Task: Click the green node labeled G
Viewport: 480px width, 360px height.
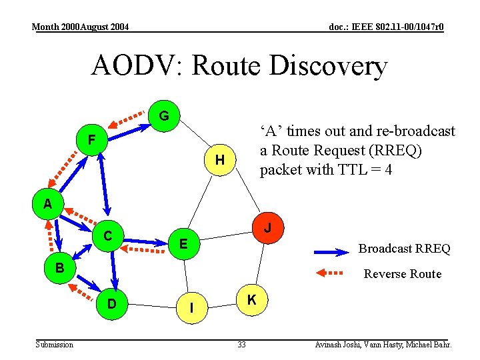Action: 164,117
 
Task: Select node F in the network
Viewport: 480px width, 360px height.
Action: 92,140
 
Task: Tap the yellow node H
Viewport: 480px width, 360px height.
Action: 219,160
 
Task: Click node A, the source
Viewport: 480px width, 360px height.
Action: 47,204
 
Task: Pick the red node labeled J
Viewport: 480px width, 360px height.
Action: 267,228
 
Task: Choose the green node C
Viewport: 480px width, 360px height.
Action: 107,236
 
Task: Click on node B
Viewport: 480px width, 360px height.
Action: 59,267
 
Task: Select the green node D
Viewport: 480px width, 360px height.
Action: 113,304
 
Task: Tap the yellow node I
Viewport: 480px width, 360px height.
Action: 192,308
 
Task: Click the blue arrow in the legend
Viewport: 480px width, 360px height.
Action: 332,251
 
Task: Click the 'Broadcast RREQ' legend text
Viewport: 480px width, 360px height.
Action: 404,249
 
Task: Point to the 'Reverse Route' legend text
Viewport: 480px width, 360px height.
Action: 402,274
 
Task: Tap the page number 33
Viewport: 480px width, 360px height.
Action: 241,345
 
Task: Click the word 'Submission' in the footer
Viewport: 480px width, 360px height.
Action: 55,345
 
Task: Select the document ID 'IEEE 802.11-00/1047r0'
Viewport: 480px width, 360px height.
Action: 395,27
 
